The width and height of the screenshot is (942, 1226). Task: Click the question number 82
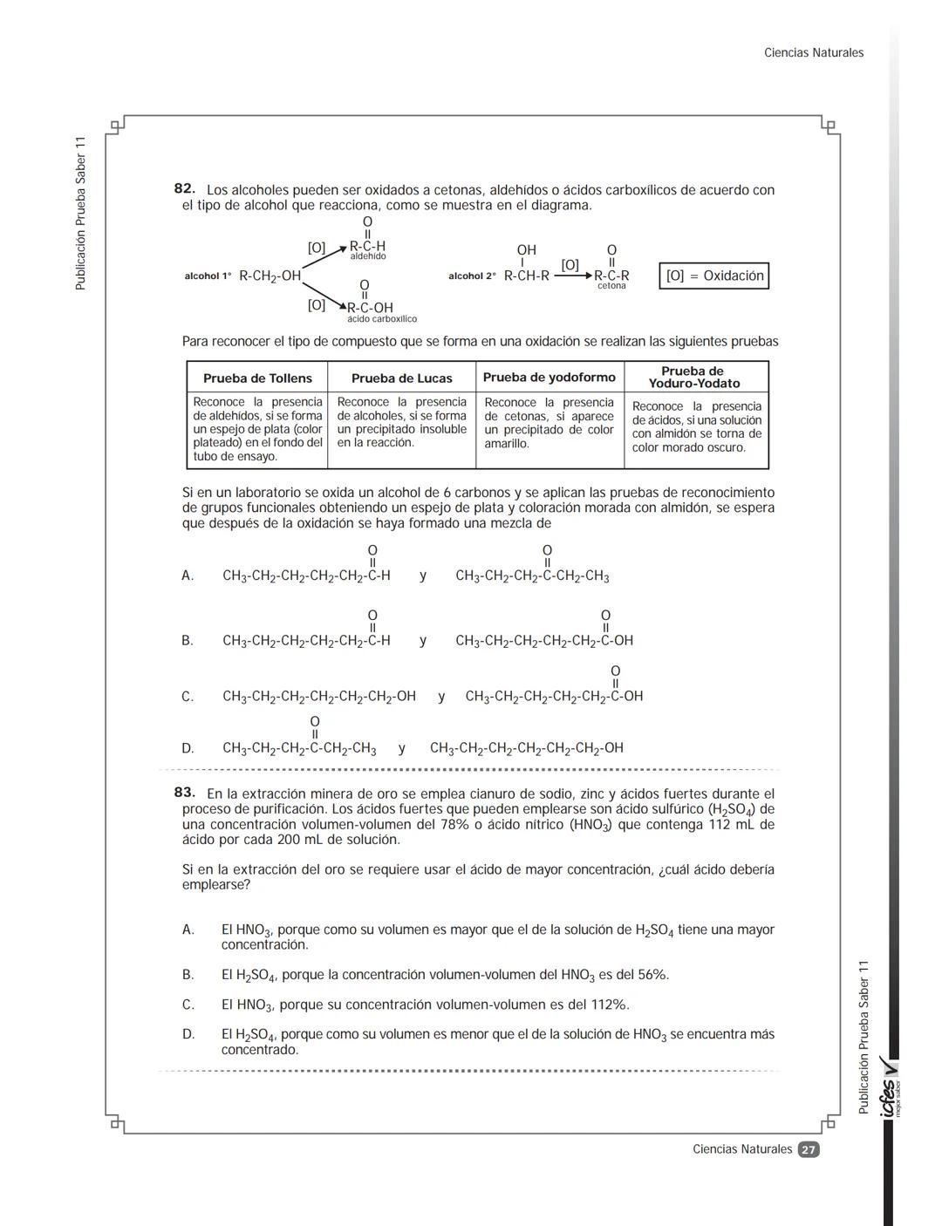184,189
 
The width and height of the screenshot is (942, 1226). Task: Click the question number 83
184,793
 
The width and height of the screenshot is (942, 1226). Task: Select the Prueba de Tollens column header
257,378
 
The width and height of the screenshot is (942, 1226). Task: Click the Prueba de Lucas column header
401,378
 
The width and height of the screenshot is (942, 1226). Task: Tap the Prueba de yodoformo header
549,378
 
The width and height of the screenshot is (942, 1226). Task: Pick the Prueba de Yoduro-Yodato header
694,378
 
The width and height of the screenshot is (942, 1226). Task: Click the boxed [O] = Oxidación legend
713,276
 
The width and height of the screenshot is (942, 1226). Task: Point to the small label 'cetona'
611,286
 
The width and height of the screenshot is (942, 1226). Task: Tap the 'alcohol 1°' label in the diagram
208,276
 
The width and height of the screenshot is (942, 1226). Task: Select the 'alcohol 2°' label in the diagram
472,276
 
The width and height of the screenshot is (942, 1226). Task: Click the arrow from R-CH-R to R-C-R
572,276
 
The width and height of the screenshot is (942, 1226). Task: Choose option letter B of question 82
188,641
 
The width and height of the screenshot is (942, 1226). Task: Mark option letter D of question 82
188,748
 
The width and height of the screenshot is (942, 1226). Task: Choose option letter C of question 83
188,1005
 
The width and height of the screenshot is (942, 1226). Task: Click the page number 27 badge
809,1150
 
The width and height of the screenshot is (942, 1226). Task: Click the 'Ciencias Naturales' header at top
813,53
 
